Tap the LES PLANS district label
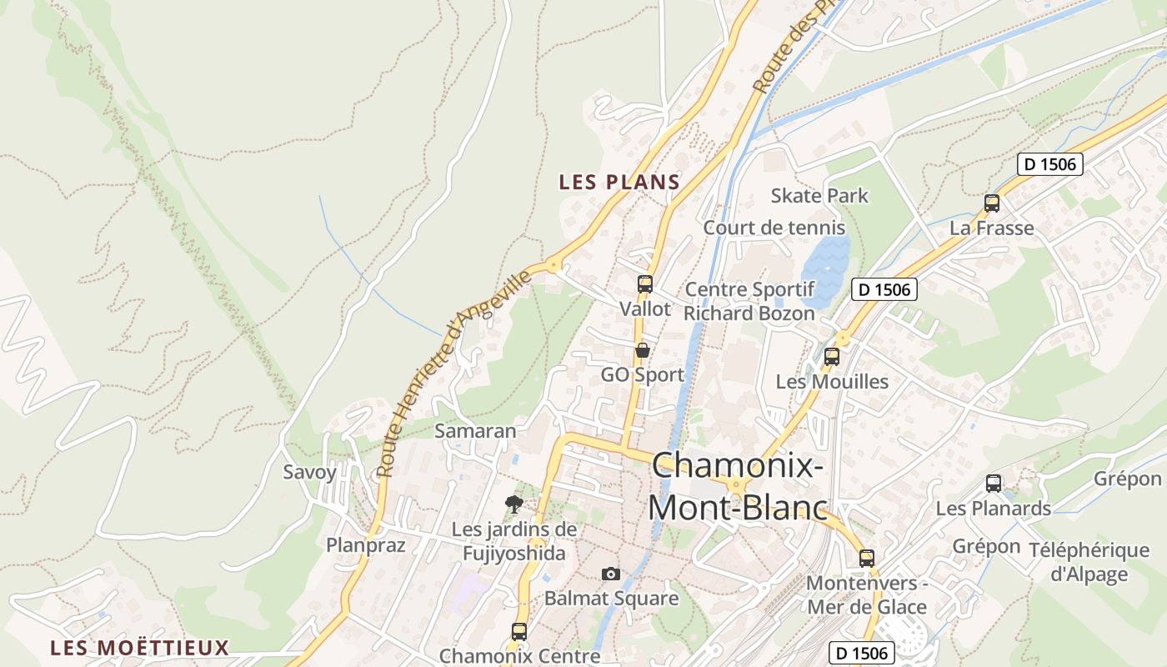(x=619, y=182)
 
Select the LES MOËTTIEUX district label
(x=139, y=648)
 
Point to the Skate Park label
(x=819, y=196)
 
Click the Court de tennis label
(x=774, y=228)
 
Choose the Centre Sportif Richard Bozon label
(x=749, y=302)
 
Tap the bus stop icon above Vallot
(x=644, y=284)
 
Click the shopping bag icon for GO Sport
(x=642, y=350)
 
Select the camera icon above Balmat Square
(x=611, y=574)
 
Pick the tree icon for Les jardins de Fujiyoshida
(x=514, y=504)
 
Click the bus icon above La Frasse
(x=992, y=203)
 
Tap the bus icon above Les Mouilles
(x=831, y=357)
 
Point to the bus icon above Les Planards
(x=994, y=484)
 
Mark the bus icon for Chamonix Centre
(x=518, y=632)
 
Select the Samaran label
(x=475, y=431)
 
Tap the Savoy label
(x=309, y=472)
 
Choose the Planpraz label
(x=365, y=545)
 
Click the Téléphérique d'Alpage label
(x=1089, y=562)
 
